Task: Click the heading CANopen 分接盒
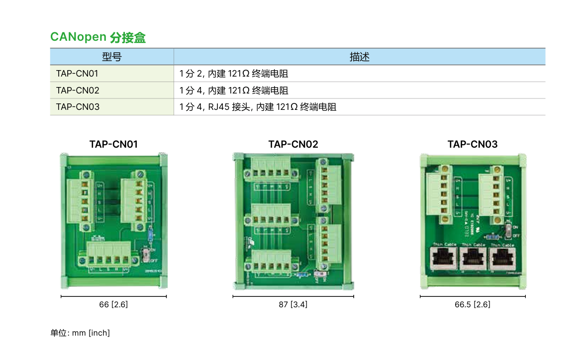[98, 37]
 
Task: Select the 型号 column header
[111, 57]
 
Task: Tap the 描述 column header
[359, 57]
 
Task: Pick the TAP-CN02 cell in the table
[78, 90]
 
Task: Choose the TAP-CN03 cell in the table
[78, 107]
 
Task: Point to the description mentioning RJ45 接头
[258, 107]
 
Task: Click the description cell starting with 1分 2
[234, 74]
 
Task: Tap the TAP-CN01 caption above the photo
[113, 144]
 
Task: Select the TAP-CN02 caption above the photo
[293, 144]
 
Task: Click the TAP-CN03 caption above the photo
[472, 144]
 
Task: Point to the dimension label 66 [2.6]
[113, 304]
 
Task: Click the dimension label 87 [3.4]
[293, 304]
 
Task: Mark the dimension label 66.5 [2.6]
[472, 304]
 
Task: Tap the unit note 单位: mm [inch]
[80, 333]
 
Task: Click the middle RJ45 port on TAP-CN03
[473, 259]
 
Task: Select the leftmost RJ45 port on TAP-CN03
[444, 259]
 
